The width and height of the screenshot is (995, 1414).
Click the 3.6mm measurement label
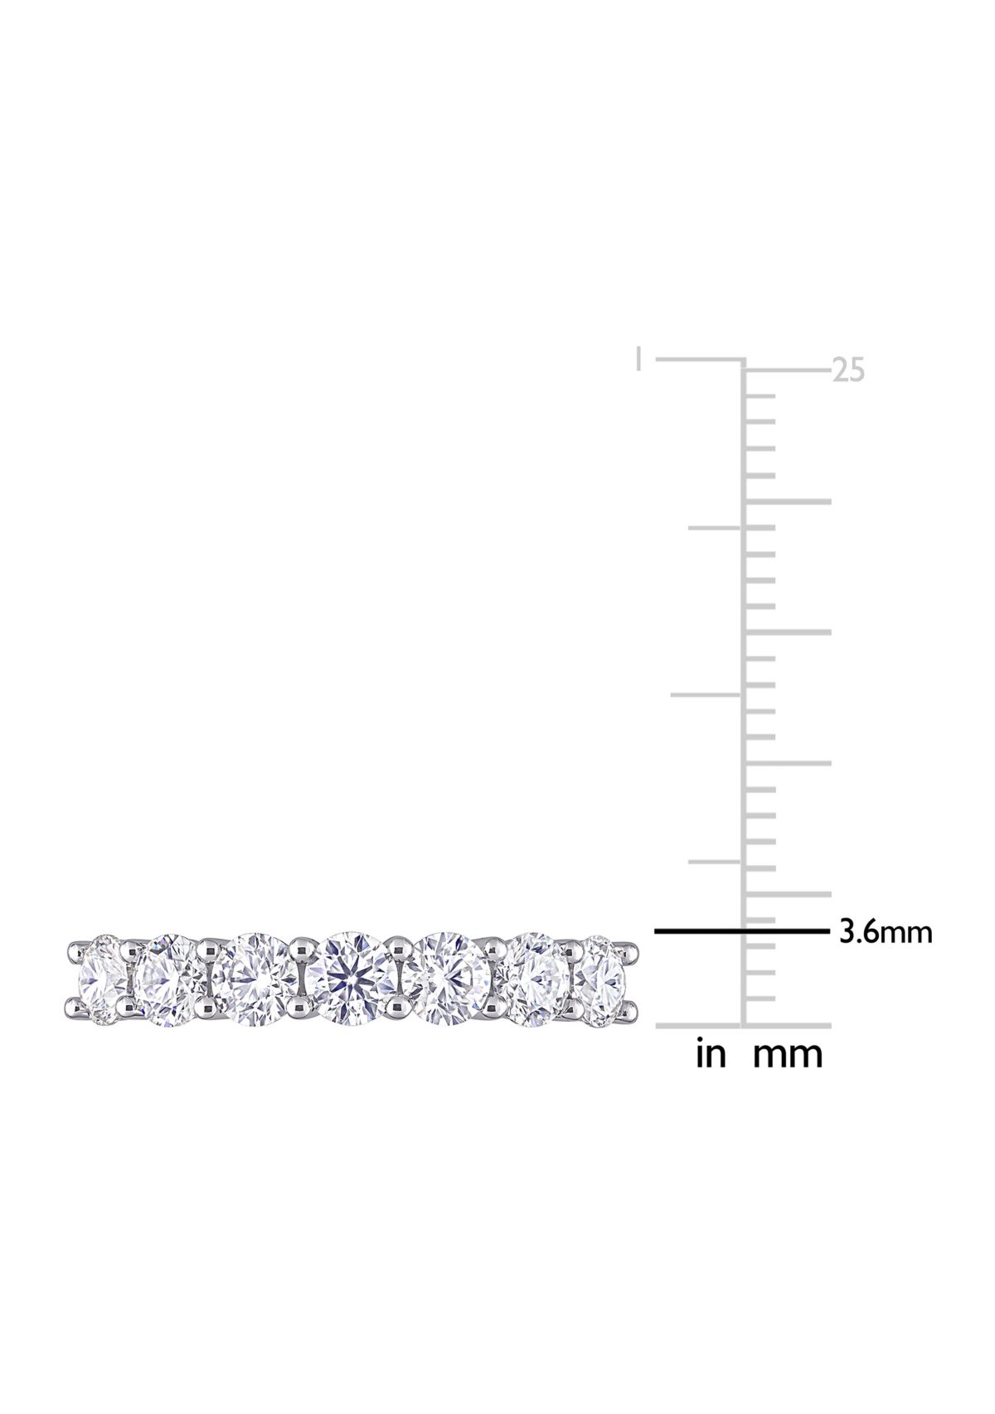(886, 932)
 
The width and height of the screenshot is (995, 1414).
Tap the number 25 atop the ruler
(848, 370)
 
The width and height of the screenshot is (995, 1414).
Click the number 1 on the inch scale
(638, 360)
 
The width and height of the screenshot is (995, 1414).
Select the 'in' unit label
(711, 1055)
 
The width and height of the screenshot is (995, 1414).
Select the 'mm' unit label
(788, 1055)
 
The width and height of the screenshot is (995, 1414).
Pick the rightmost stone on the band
(600, 979)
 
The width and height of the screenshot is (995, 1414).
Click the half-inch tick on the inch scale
(705, 695)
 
